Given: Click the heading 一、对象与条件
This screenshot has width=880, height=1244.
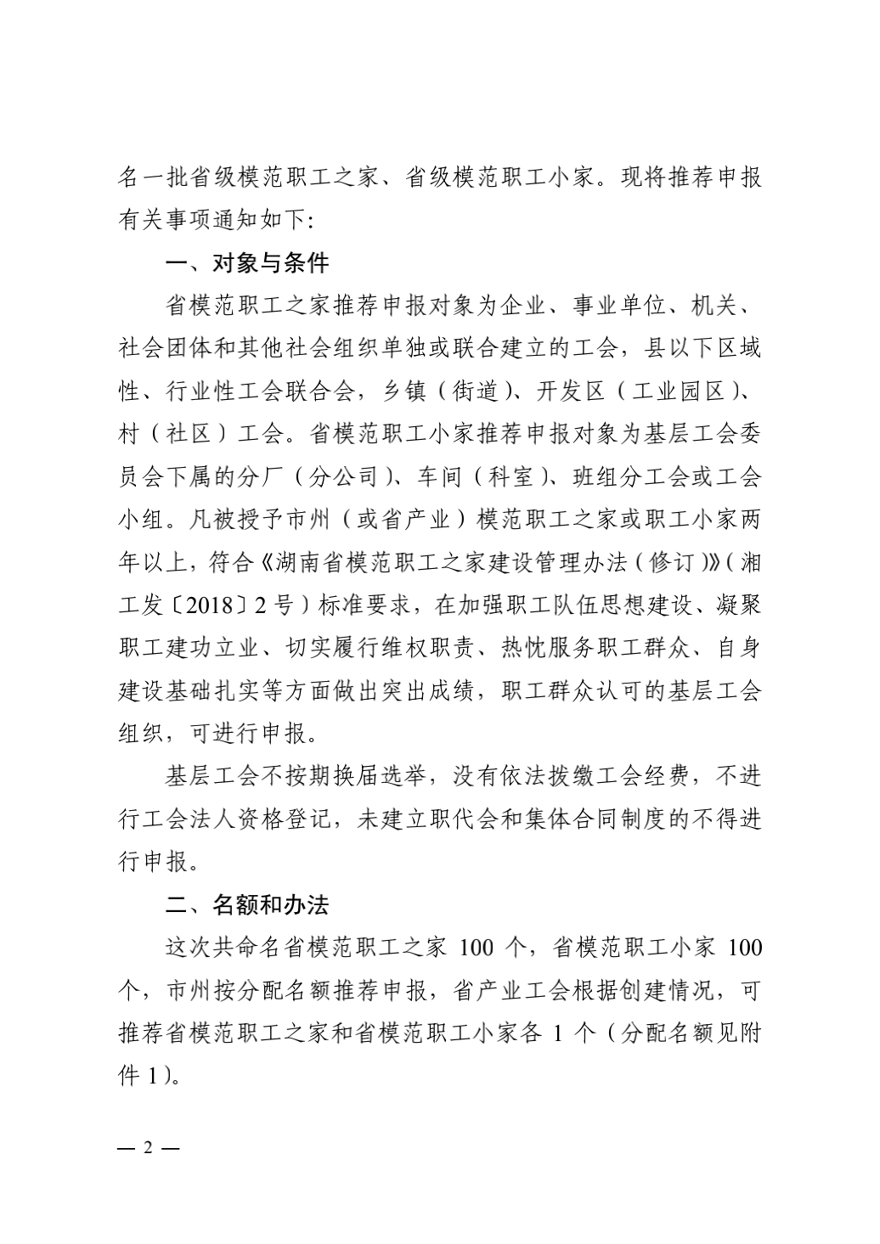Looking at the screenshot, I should pyautogui.click(x=246, y=263).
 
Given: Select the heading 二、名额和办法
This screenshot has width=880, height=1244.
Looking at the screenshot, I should pyautogui.click(x=246, y=905).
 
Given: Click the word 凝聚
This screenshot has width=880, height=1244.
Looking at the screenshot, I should pyautogui.click(x=737, y=606).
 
